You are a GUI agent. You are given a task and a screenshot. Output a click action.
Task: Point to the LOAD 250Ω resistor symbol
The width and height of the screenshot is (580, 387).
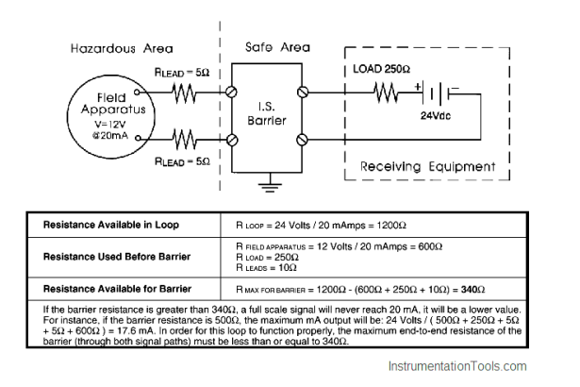click(386, 93)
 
